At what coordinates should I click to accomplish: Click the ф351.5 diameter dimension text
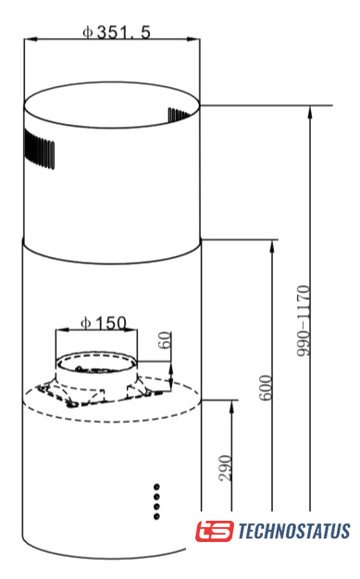pyautogui.click(x=117, y=32)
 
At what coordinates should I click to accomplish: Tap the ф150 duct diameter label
pyautogui.click(x=104, y=323)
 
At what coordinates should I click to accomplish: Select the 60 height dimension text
pyautogui.click(x=165, y=339)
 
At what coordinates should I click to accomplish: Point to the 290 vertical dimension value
pyautogui.click(x=225, y=468)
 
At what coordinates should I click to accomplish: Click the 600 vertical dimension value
pyautogui.click(x=266, y=388)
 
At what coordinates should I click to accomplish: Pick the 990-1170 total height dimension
pyautogui.click(x=303, y=321)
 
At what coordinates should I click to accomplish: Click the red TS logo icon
pyautogui.click(x=215, y=531)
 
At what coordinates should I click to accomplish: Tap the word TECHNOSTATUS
pyautogui.click(x=294, y=531)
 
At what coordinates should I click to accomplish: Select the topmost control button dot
pyautogui.click(x=156, y=487)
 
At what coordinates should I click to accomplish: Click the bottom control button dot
pyautogui.click(x=156, y=516)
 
